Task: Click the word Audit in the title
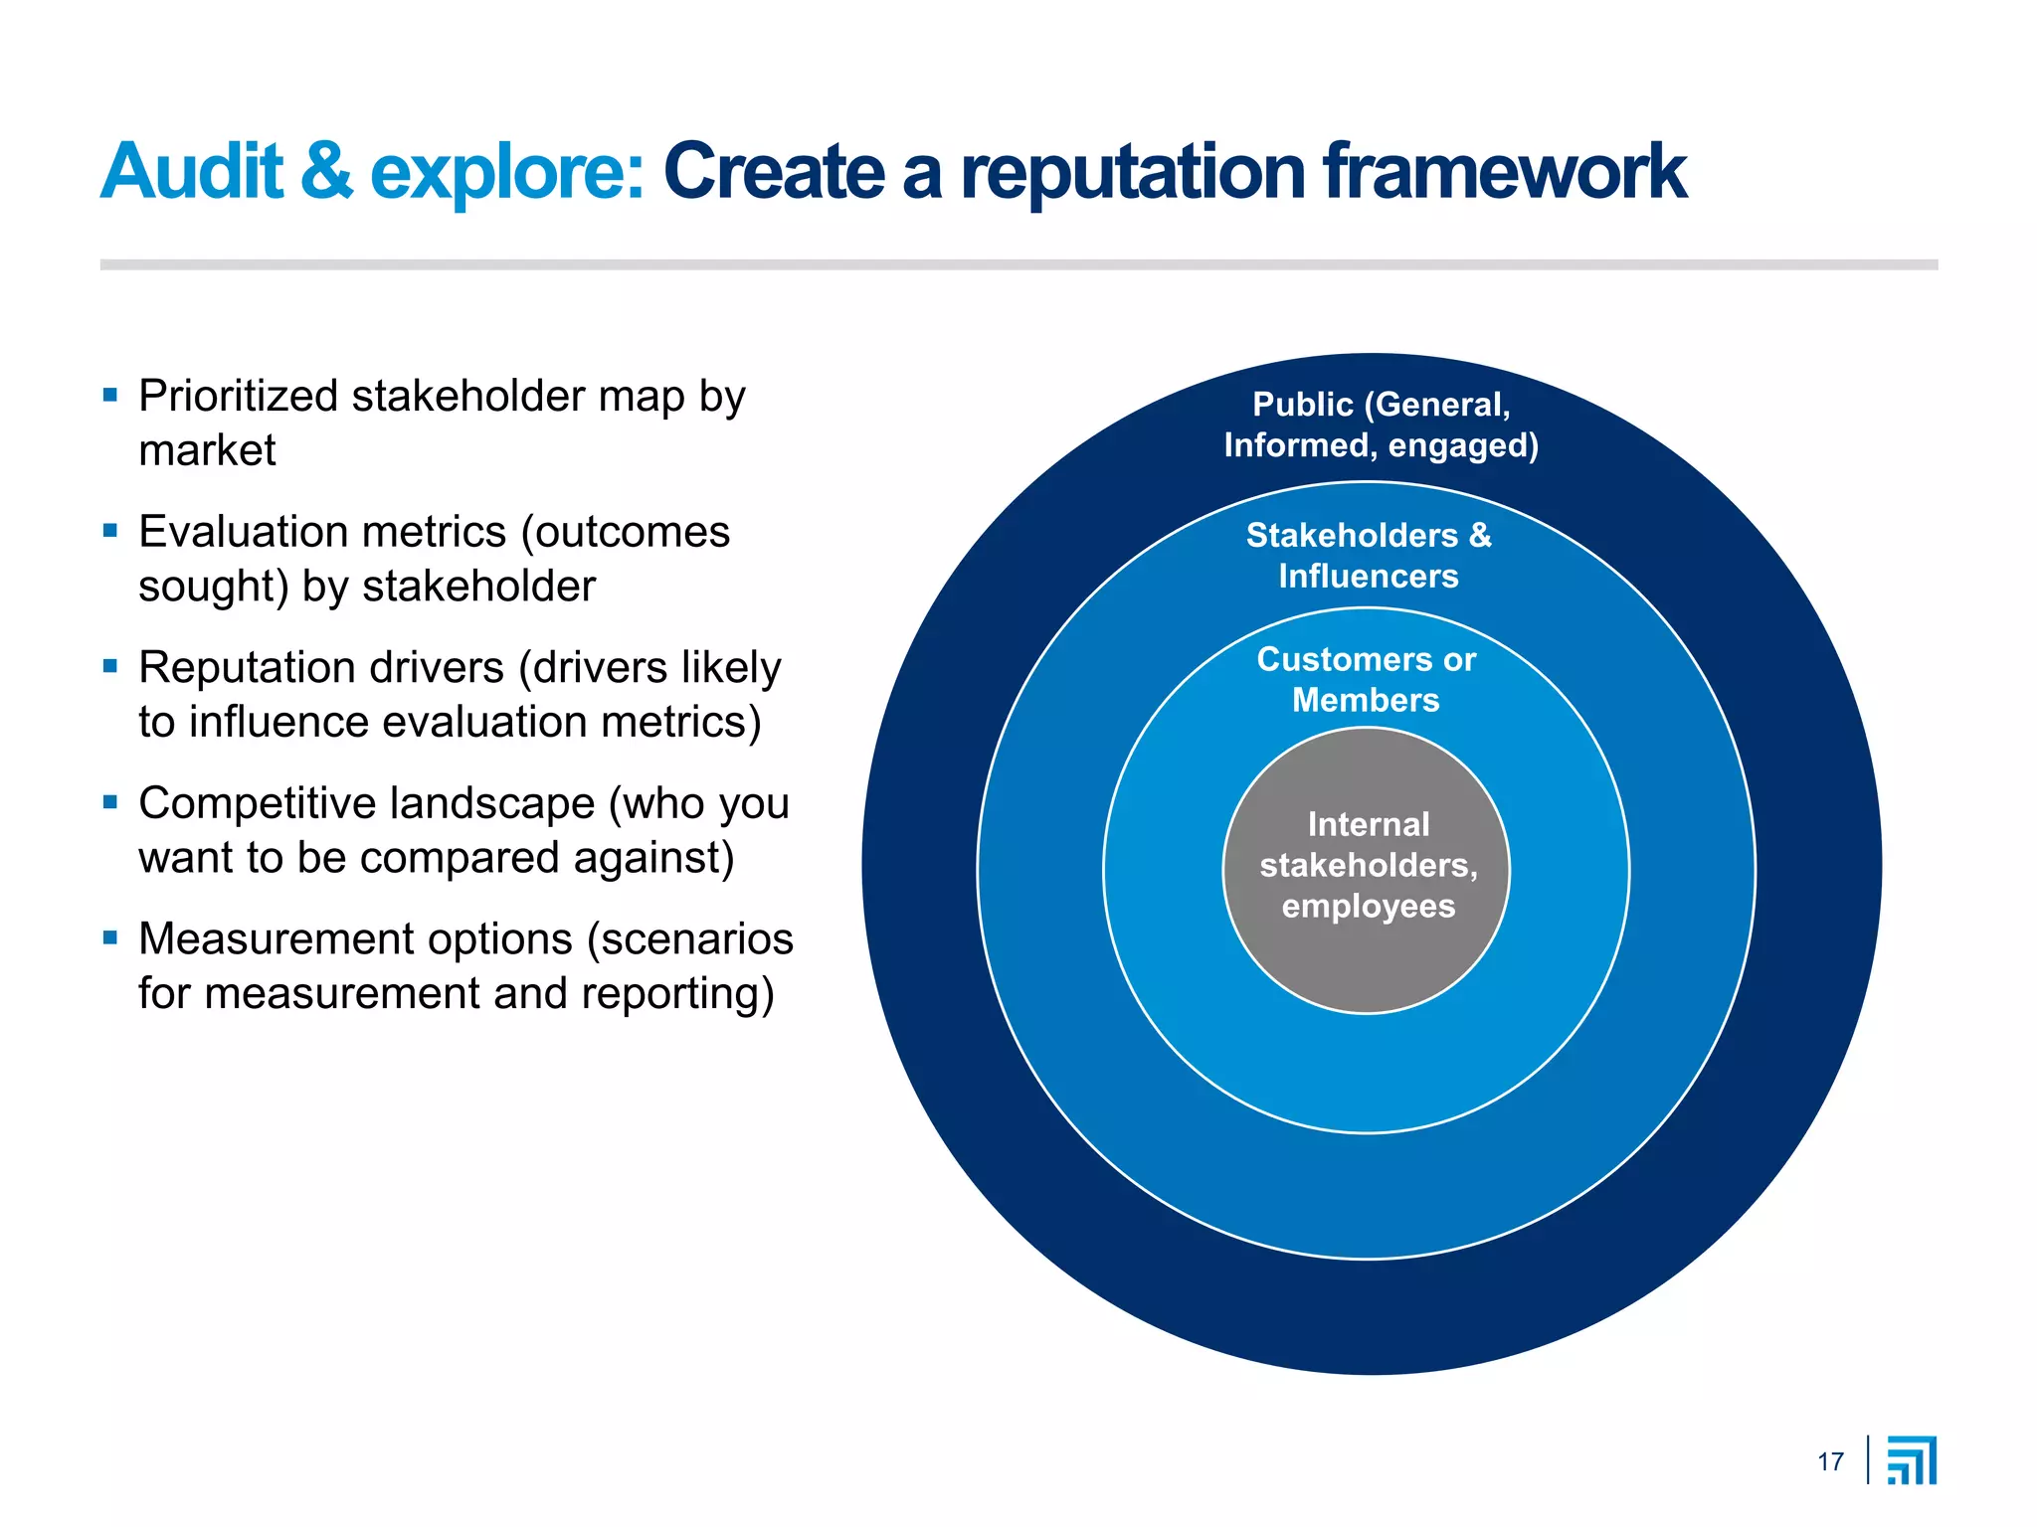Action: tap(192, 172)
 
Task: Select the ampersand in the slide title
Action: tap(326, 172)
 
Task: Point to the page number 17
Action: tap(1830, 1462)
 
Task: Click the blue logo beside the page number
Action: tap(1912, 1460)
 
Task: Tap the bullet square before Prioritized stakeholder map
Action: tap(110, 396)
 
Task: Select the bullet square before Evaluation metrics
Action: tap(110, 531)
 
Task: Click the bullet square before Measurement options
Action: tap(110, 937)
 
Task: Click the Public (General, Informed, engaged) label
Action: tap(1381, 424)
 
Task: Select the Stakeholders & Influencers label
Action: tap(1369, 556)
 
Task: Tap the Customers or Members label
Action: tap(1366, 680)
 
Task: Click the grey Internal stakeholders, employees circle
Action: tap(1366, 954)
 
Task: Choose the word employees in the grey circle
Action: tap(1368, 907)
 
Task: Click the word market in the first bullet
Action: tap(207, 451)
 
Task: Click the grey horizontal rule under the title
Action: tap(1018, 265)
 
